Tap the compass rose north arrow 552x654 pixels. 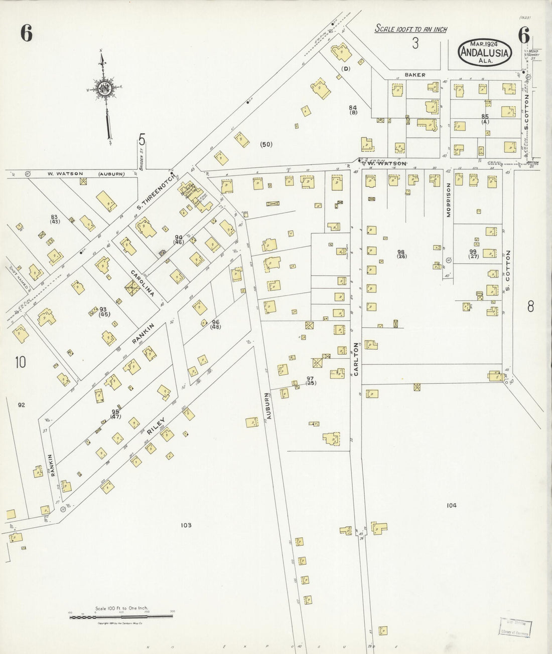coord(104,89)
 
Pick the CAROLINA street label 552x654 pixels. coord(142,282)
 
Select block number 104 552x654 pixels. coord(451,506)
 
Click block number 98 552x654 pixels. coord(401,252)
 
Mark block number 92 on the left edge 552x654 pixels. coord(21,404)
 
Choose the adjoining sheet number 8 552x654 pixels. coord(530,307)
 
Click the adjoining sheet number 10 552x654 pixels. coord(20,362)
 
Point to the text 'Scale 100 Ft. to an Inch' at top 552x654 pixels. coord(411,30)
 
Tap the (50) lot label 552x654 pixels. coord(266,145)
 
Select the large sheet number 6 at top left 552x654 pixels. coord(27,33)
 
